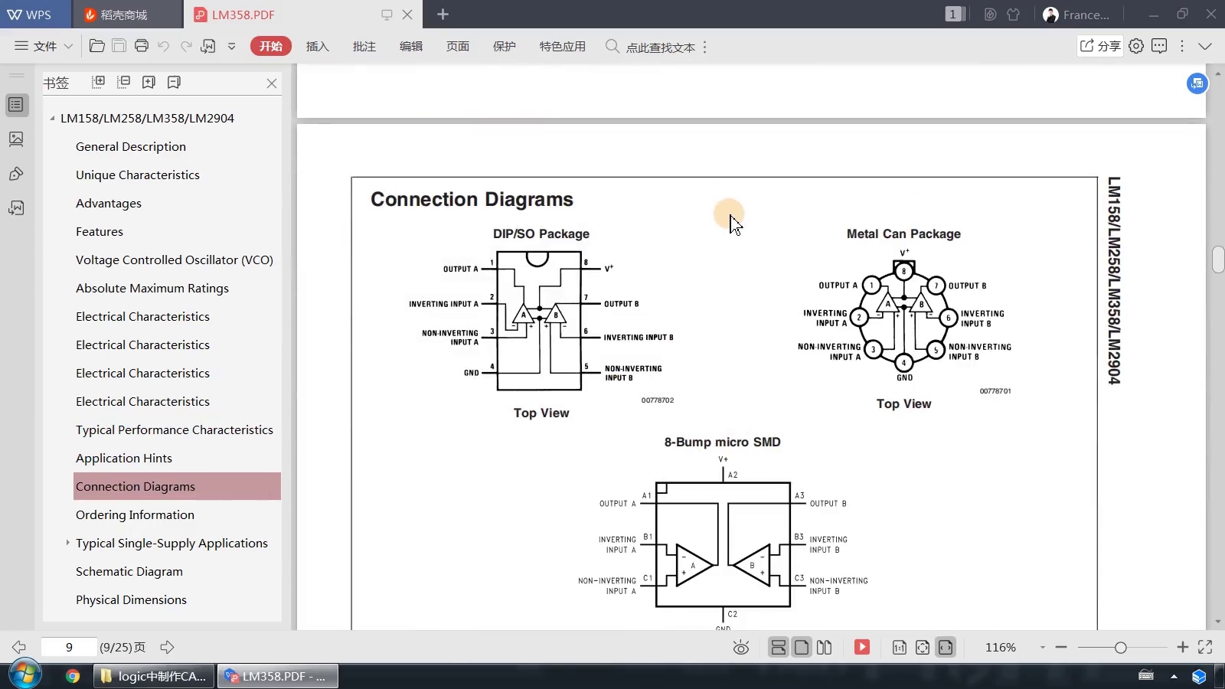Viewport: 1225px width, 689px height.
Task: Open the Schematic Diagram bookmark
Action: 129,571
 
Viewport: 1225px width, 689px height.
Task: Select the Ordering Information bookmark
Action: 135,514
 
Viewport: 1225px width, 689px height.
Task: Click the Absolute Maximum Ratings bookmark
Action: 152,288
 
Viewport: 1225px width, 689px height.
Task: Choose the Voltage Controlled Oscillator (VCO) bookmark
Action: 174,260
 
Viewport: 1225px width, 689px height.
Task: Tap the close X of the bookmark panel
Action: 272,83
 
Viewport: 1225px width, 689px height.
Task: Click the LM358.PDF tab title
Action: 243,15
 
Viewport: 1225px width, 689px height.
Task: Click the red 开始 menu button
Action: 270,47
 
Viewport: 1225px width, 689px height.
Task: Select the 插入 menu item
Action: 317,47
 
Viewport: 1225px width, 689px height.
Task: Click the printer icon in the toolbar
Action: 142,46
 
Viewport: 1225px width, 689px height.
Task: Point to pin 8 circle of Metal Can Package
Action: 903,271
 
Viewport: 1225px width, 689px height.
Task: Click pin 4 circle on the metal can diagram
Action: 903,363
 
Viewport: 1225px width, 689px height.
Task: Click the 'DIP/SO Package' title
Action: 541,233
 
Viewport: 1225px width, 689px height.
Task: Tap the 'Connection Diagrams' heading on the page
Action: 472,199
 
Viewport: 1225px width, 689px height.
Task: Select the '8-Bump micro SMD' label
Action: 722,442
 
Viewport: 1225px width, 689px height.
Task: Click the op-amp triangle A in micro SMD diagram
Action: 693,566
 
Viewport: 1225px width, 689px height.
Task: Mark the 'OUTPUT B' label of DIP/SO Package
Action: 621,304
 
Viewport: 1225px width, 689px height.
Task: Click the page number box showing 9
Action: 69,647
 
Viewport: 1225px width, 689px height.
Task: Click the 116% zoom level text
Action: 1000,647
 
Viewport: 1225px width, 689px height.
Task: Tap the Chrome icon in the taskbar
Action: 73,676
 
